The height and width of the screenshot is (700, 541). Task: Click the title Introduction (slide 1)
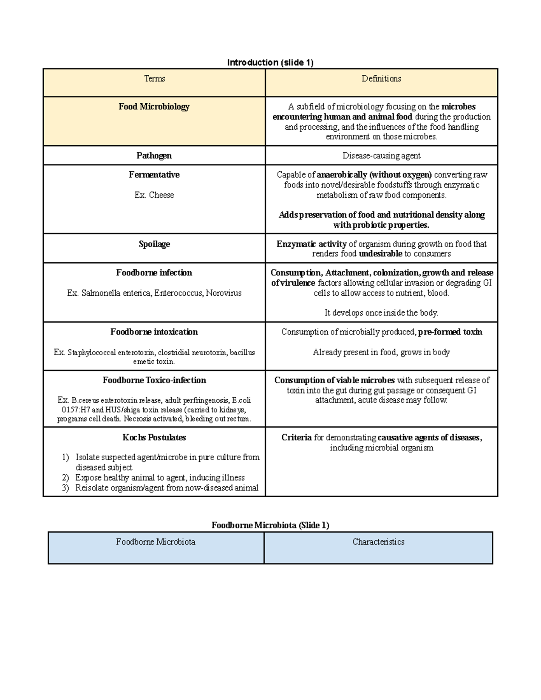tap(270, 63)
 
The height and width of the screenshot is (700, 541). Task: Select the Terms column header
tap(154, 79)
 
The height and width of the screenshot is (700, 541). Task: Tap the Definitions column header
tap(381, 79)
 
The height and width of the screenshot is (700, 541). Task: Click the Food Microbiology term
tap(154, 107)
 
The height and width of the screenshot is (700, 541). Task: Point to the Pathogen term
tap(154, 156)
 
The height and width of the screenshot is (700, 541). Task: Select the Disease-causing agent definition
tap(381, 156)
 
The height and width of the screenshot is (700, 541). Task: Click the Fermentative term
tap(154, 175)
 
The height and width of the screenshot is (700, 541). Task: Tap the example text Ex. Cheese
tap(154, 195)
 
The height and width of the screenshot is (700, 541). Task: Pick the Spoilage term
tap(154, 244)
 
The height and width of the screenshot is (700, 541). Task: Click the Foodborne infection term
tap(154, 273)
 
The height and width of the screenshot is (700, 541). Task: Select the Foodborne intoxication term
tap(154, 332)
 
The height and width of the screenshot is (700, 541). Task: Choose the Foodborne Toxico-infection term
tap(154, 380)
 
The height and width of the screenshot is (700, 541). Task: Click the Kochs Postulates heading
tap(154, 438)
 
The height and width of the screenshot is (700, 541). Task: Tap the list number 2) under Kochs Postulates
tap(66, 478)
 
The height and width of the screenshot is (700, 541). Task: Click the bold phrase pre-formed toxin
tap(450, 332)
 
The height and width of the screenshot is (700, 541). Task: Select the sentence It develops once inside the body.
tap(381, 313)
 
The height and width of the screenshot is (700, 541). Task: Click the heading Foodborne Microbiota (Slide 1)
tap(270, 526)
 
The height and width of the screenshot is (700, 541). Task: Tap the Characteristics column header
tap(378, 542)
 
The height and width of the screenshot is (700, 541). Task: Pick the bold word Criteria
tap(297, 438)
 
